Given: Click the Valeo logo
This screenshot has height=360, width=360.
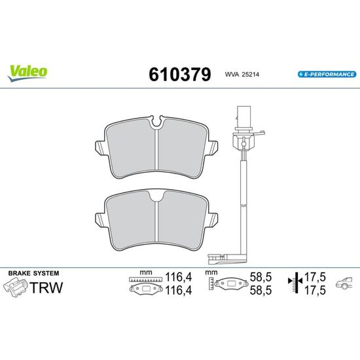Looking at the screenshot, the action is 27,73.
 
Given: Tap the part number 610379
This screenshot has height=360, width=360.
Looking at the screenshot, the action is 180,75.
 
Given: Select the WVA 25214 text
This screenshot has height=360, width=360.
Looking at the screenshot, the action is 242,75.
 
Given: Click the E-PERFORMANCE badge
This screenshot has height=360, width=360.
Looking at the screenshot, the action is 327,75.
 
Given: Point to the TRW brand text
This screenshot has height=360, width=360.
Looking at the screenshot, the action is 46,287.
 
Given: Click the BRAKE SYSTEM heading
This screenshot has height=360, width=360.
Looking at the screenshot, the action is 34,273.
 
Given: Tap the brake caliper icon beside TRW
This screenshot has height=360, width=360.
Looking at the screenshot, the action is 15,287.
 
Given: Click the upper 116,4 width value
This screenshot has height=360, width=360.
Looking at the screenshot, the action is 179,277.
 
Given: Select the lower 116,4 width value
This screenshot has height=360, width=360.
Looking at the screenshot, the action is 179,291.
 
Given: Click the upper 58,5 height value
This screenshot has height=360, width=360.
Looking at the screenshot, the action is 261,277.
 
